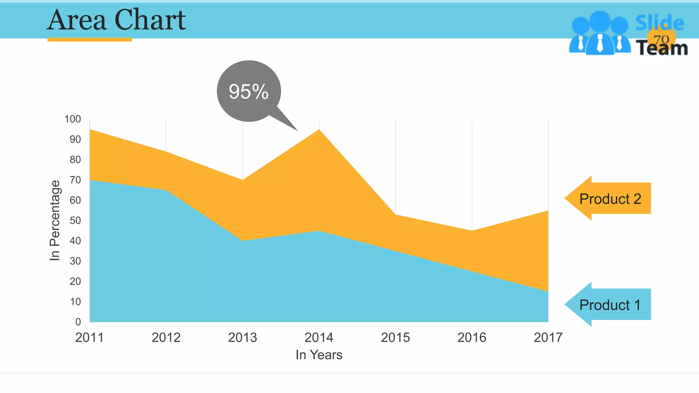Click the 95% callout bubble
[x=249, y=91]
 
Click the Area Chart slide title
[x=116, y=20]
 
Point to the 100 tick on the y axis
[x=73, y=119]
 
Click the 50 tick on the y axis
[x=75, y=220]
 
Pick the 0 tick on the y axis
[x=78, y=322]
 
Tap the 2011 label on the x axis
[x=89, y=337]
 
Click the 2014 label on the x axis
[x=319, y=337]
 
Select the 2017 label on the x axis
[x=548, y=337]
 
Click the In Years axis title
[x=319, y=355]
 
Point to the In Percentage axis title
[x=55, y=220]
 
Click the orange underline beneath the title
[x=89, y=40]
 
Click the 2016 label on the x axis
[x=472, y=337]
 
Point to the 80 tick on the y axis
[x=75, y=160]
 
